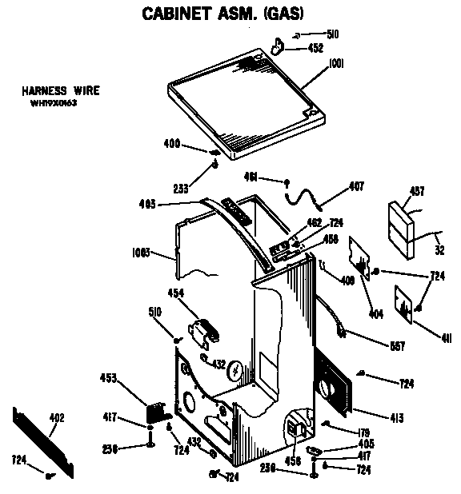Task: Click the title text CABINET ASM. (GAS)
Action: [222, 14]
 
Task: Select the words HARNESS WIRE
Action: [61, 91]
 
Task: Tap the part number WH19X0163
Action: [53, 103]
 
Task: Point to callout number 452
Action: [315, 48]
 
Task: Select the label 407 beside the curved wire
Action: [357, 187]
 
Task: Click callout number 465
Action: [147, 205]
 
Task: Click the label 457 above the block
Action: [418, 191]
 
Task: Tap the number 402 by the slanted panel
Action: [57, 417]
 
